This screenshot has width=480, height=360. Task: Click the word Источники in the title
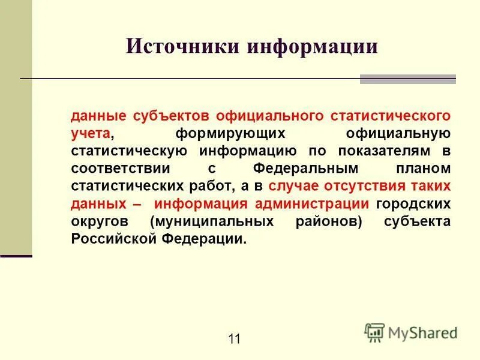pos(182,46)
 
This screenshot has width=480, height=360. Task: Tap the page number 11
pos(234,339)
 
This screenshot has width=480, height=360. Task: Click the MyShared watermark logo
pos(411,331)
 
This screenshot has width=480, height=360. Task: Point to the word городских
pos(413,203)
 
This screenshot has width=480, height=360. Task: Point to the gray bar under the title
pos(407,79)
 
